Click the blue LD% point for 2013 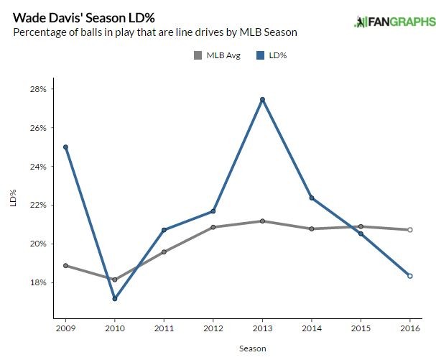(x=262, y=99)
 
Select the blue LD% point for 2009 (x=65, y=147)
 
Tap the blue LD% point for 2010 (x=115, y=298)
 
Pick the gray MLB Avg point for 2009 (x=65, y=265)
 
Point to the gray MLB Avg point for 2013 (x=262, y=221)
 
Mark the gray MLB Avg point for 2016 (x=409, y=230)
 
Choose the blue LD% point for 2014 (x=312, y=198)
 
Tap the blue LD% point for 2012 (x=213, y=211)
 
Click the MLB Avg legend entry (x=216, y=55)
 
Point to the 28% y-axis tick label (x=37, y=89)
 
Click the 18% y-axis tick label (x=37, y=282)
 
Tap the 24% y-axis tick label (x=37, y=166)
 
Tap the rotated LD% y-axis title (x=12, y=198)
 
